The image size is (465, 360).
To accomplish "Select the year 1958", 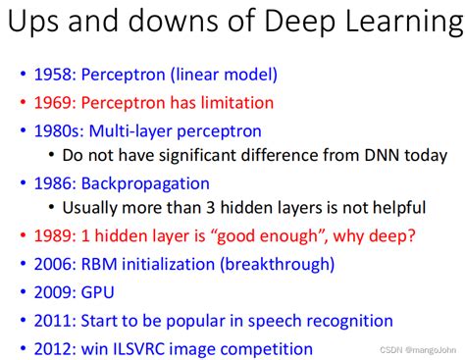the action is pyautogui.click(x=52, y=75).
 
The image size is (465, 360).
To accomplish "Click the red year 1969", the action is pyautogui.click(x=52, y=103).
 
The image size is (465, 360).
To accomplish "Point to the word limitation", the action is pyautogui.click(x=237, y=103).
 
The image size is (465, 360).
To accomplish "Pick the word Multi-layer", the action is pyautogui.click(x=130, y=131).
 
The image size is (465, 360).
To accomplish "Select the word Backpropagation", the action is pyautogui.click(x=145, y=184).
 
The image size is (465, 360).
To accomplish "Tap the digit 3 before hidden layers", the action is pyautogui.click(x=210, y=208).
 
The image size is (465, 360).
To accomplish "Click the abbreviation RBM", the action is pyautogui.click(x=99, y=264).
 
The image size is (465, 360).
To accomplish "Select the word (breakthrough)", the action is pyautogui.click(x=278, y=265).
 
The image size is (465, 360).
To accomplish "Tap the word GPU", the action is pyautogui.click(x=97, y=292).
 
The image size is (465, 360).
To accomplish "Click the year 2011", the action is pyautogui.click(x=52, y=321).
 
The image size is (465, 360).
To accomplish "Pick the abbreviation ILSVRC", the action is pyautogui.click(x=138, y=349).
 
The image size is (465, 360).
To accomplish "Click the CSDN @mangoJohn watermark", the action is pyautogui.click(x=418, y=350).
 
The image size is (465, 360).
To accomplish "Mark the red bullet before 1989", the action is pyautogui.click(x=23, y=235).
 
